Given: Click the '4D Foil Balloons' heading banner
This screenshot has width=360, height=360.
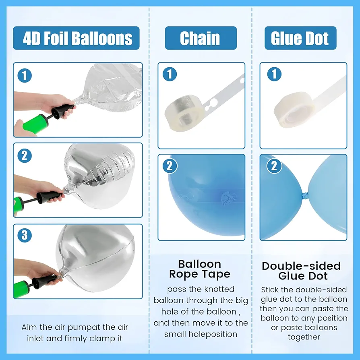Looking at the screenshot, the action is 76,38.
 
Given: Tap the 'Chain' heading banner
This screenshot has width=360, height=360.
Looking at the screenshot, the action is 201,38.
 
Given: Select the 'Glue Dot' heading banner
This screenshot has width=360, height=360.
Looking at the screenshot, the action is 300,38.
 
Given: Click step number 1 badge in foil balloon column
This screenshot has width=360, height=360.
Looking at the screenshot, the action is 25,76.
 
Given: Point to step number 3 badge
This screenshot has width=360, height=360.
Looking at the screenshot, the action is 25,235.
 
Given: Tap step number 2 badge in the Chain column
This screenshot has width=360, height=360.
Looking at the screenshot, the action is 170,166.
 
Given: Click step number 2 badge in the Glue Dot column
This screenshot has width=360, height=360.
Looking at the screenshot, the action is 274,166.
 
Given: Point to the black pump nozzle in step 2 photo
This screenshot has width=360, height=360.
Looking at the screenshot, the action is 50,196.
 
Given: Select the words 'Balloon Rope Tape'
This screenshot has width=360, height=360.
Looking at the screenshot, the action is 200,269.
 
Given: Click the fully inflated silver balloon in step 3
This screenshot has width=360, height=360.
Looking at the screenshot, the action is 96,259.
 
